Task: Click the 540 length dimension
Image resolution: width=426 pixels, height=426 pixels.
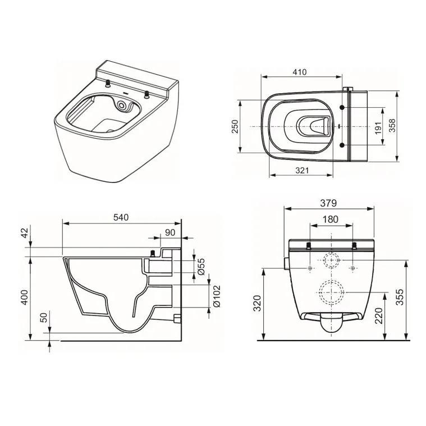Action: point(122,216)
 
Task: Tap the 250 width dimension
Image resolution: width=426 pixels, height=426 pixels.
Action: point(235,126)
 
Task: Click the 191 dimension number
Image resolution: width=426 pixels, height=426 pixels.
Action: point(378,126)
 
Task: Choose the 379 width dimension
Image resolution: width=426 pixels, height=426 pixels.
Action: point(329,203)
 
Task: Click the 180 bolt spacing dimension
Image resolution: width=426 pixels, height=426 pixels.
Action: point(330,219)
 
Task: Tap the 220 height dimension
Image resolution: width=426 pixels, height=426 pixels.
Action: point(378,316)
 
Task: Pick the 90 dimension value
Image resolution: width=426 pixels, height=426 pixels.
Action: point(170,232)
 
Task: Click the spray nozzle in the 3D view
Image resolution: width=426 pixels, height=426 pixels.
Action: point(122,105)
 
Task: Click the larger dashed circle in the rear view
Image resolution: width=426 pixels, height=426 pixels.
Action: point(330,291)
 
